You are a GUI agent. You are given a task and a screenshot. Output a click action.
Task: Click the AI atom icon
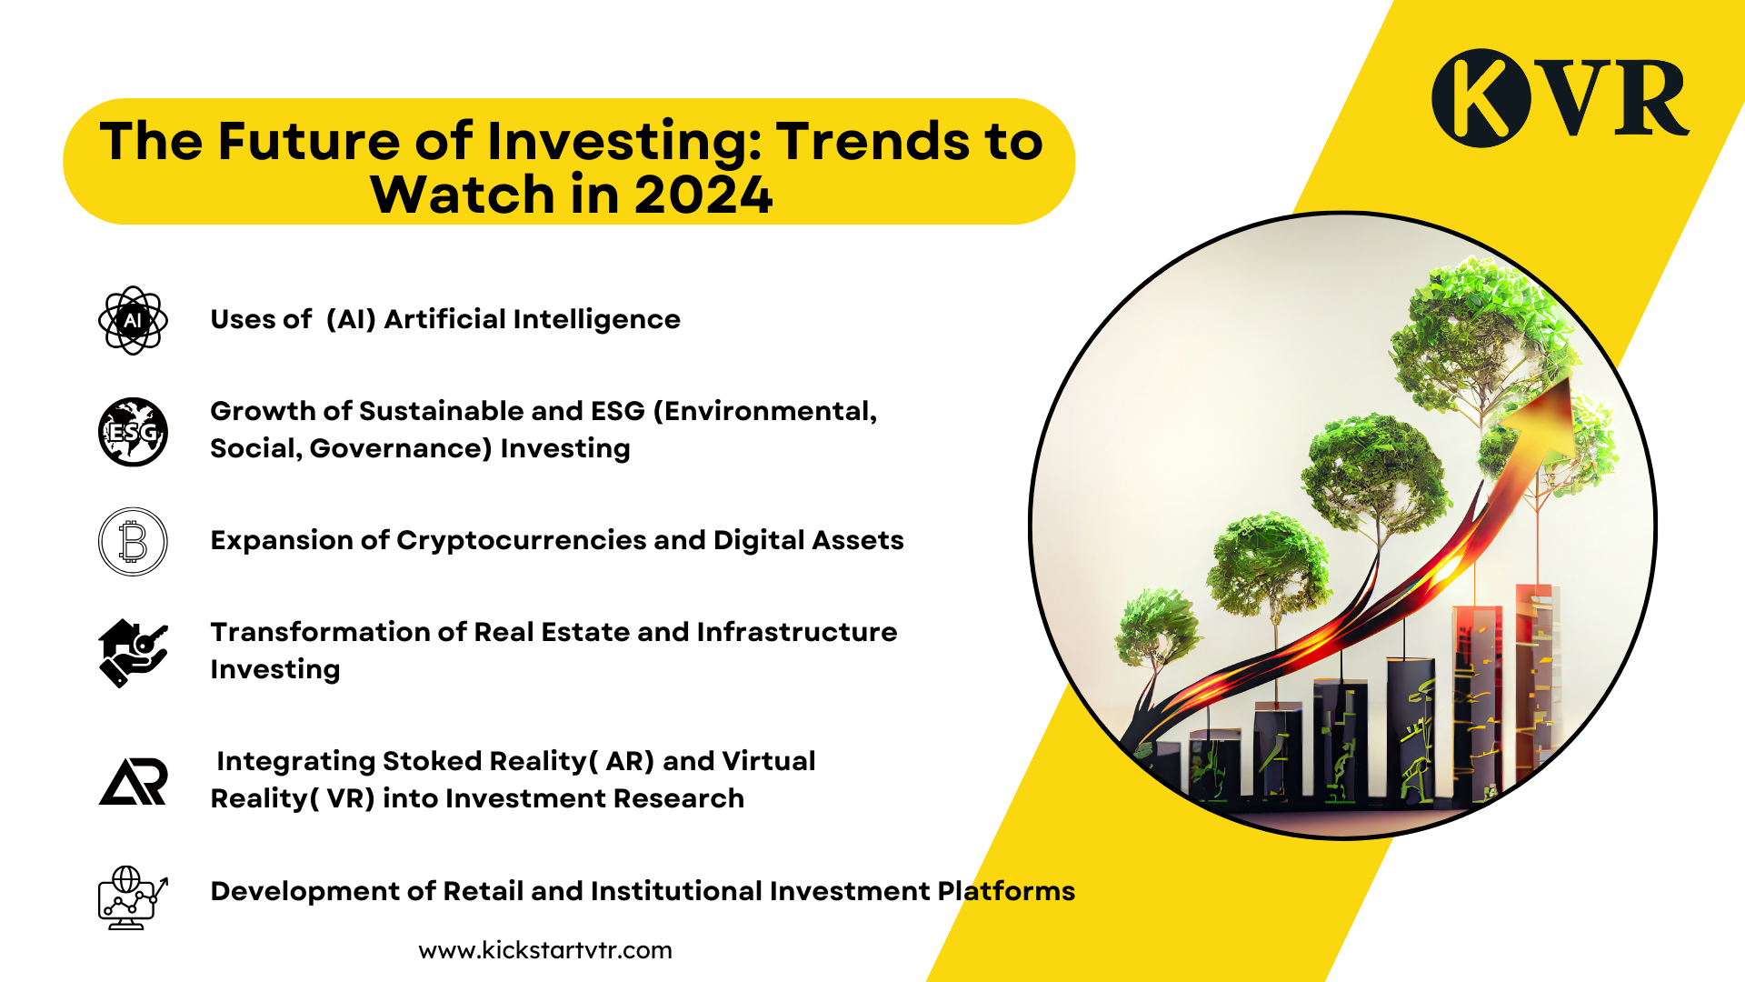point(133,320)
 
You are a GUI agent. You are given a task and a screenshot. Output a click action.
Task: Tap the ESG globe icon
point(133,432)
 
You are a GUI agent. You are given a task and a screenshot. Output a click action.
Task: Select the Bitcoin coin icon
point(133,542)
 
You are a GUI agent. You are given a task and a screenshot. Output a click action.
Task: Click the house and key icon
point(133,653)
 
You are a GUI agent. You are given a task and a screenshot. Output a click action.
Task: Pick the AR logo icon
point(133,781)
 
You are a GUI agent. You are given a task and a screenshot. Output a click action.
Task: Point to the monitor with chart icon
point(133,897)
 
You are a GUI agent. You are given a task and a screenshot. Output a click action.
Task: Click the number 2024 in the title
point(703,195)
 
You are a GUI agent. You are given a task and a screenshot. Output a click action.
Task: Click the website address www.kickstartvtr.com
point(545,950)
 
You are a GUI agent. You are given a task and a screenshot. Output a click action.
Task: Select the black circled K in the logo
point(1481,98)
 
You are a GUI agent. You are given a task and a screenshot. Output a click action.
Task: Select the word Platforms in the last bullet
point(1006,891)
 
